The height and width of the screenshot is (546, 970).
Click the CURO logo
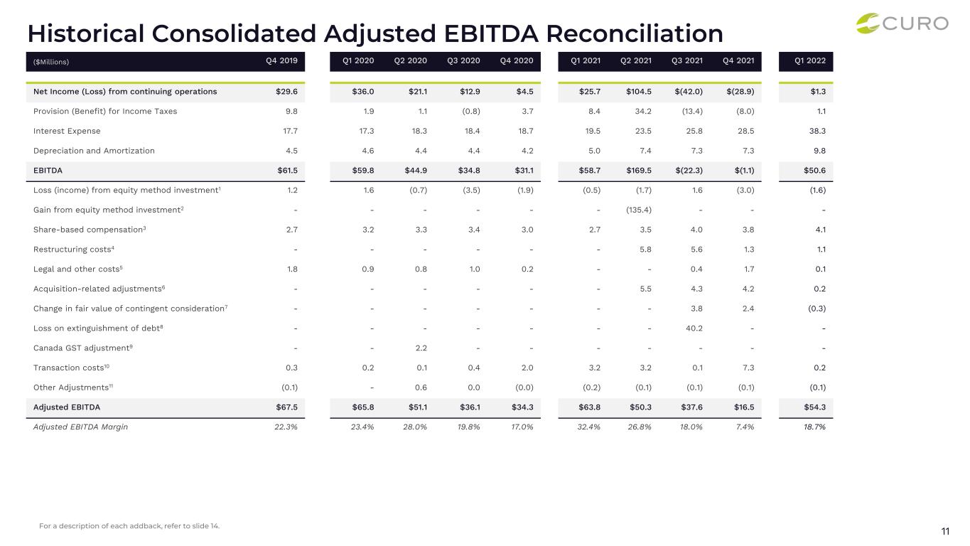tap(902, 23)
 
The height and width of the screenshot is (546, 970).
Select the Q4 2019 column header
tap(281, 60)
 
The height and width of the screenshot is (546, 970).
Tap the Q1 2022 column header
tap(810, 60)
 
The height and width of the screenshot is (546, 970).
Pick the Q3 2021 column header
tap(686, 60)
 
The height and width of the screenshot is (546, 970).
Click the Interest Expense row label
tap(67, 131)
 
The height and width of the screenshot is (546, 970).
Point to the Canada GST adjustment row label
tap(82, 348)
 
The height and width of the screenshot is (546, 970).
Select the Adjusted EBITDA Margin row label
tap(80, 427)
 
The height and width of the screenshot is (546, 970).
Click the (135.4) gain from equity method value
tap(639, 210)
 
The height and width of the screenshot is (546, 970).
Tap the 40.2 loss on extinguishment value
tap(694, 328)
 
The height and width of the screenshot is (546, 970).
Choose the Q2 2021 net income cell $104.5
tap(639, 92)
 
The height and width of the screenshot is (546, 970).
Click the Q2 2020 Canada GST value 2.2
tap(421, 348)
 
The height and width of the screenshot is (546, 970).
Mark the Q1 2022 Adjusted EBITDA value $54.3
tap(814, 407)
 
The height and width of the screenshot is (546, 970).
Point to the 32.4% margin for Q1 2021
tap(588, 427)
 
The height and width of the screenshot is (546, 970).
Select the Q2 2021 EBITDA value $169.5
tap(639, 171)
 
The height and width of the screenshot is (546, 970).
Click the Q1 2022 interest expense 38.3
tap(817, 131)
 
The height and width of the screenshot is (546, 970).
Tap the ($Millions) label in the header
tap(51, 62)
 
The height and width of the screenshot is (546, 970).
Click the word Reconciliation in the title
tap(635, 33)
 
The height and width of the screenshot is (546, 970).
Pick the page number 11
tap(945, 531)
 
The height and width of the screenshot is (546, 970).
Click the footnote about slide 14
tap(129, 526)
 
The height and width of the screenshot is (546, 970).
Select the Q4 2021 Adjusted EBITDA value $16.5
tap(744, 407)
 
